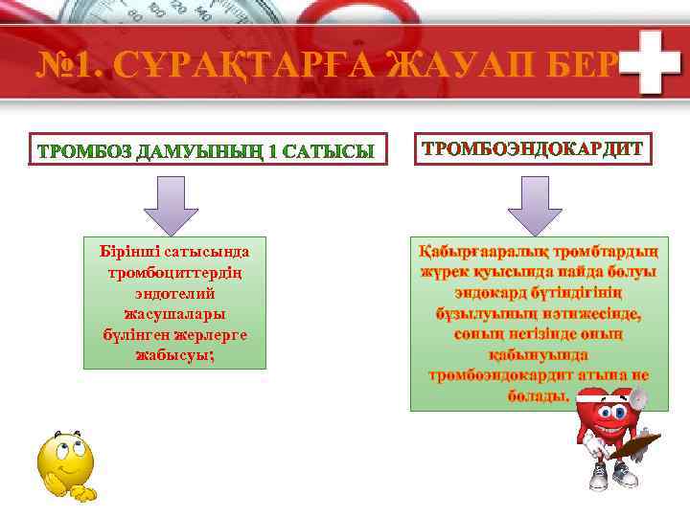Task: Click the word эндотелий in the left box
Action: click(175, 292)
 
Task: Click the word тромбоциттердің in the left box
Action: click(175, 272)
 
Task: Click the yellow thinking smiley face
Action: click(62, 464)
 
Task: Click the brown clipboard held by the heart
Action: click(637, 445)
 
